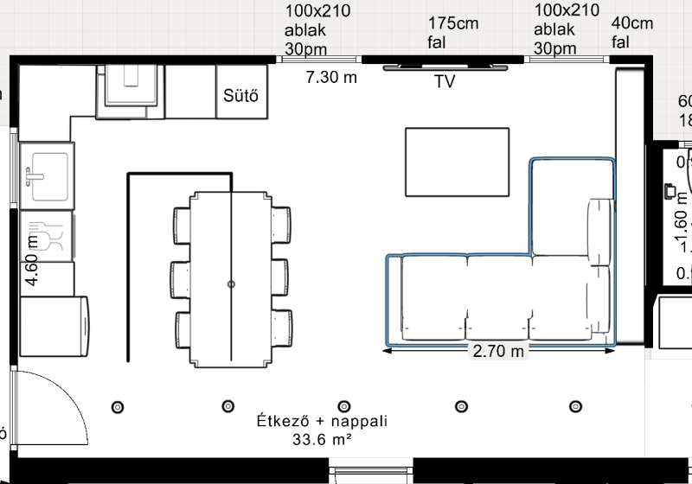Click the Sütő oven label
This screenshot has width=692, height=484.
coord(240,94)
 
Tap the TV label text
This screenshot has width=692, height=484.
coord(445,82)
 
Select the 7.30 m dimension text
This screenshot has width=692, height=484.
coord(331,78)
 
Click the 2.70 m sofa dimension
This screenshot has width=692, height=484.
coord(497,352)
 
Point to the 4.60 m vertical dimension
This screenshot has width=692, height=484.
coord(33,260)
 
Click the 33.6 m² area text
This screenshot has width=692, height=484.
coord(321,440)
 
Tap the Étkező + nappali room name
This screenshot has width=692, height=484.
coord(321,422)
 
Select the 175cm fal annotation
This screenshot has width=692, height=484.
coord(452,32)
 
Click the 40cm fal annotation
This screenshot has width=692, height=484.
coord(631,31)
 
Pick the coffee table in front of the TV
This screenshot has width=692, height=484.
coord(457,162)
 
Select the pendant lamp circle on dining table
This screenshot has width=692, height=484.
coord(231,283)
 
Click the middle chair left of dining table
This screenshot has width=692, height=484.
coord(181,278)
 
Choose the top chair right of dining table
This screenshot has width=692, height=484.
coord(281,226)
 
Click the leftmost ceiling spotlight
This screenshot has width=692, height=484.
coord(118,406)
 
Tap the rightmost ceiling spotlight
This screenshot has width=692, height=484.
coord(575,406)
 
